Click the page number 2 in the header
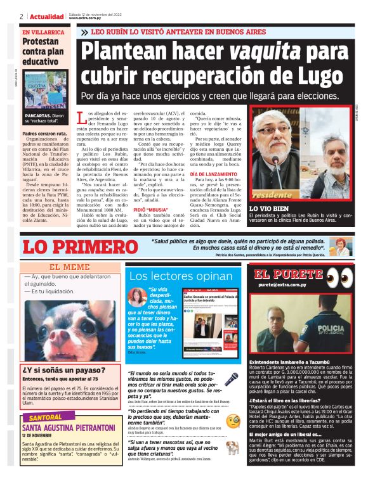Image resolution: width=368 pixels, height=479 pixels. [22, 16]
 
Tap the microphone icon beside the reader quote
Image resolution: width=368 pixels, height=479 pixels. [232, 378]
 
